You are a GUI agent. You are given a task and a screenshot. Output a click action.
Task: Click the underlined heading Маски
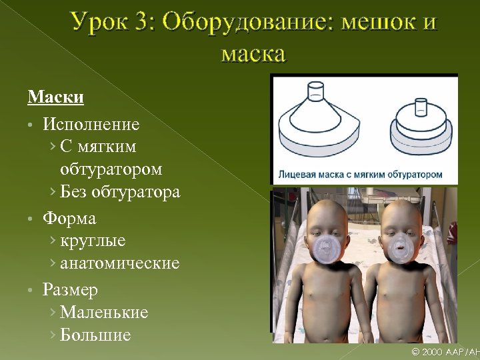click(x=55, y=98)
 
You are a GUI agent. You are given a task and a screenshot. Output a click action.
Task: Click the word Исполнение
click(x=91, y=125)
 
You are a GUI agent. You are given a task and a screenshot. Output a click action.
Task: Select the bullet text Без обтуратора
click(x=120, y=193)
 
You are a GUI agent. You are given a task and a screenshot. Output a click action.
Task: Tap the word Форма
click(x=69, y=219)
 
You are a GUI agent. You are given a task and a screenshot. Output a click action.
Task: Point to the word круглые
click(x=93, y=241)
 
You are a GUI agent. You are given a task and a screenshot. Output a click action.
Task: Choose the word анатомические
click(x=120, y=263)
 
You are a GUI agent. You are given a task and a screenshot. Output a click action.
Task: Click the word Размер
click(x=70, y=290)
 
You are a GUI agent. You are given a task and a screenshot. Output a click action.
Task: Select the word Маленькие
click(x=104, y=313)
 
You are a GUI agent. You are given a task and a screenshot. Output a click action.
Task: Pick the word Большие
click(x=95, y=335)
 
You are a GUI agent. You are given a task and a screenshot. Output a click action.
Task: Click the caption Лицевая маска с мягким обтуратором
click(x=360, y=175)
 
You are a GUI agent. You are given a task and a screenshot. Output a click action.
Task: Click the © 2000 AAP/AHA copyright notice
click(x=445, y=351)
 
